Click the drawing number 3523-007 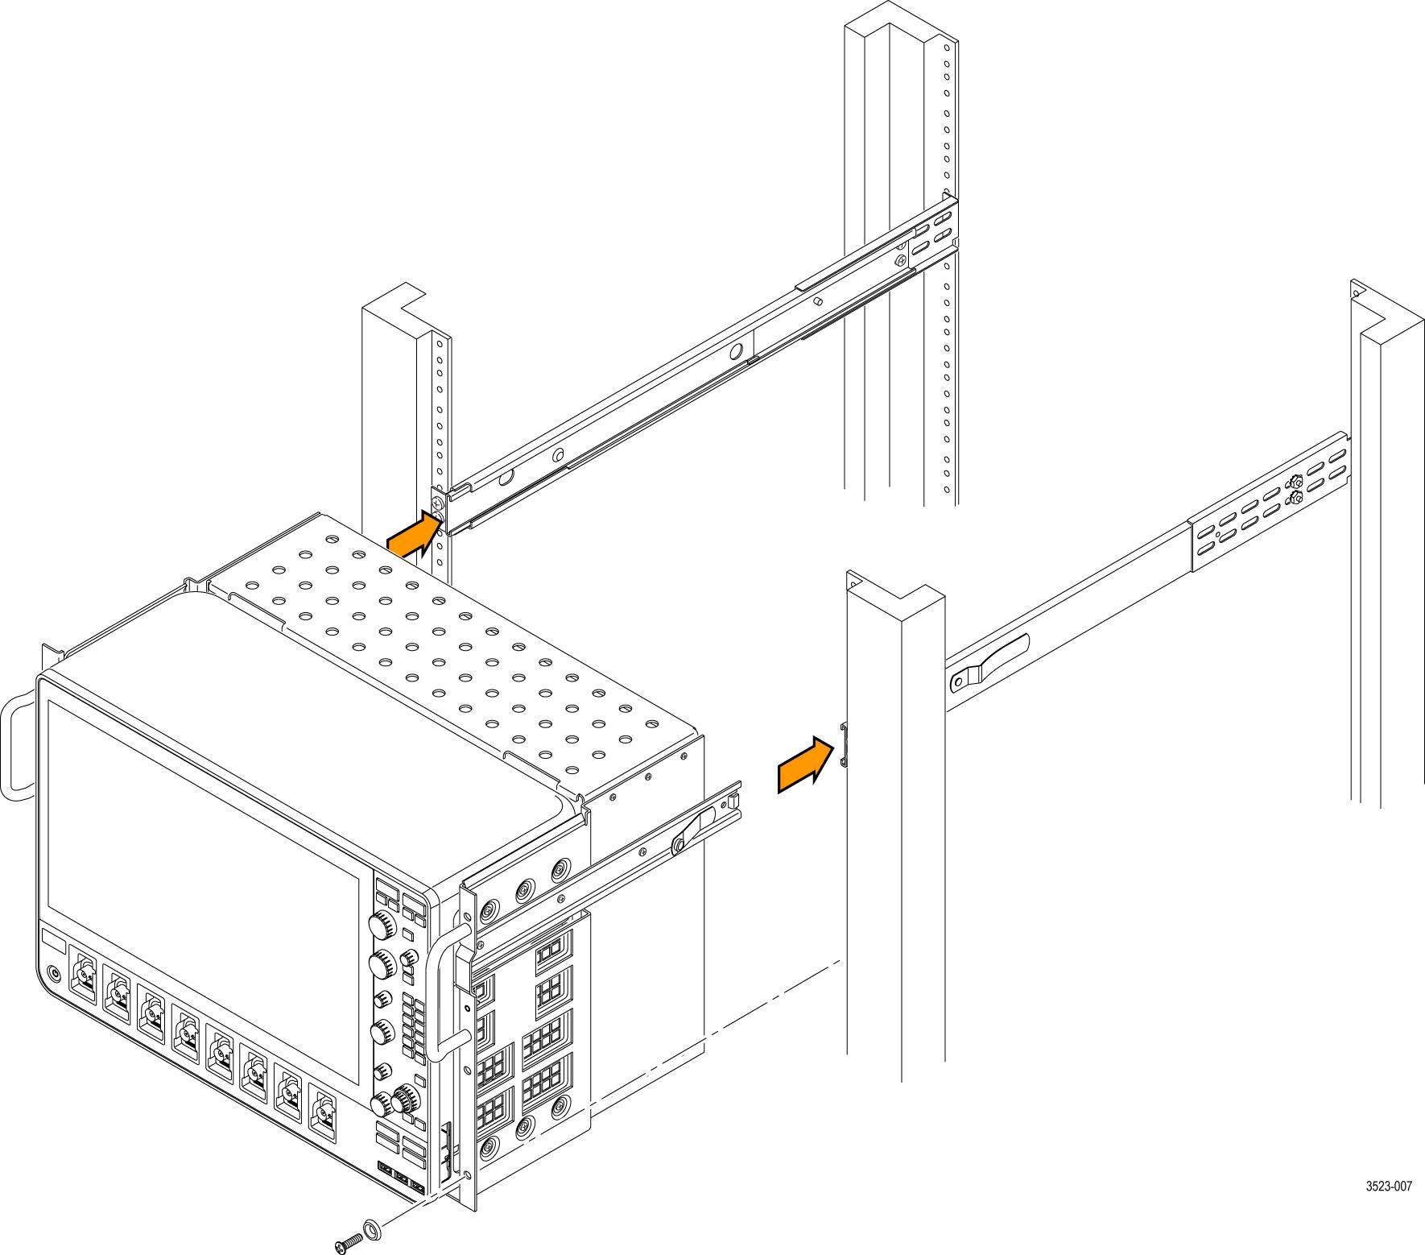pos(1389,1186)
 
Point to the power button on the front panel pos(54,972)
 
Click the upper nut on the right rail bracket pos(1295,483)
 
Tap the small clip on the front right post pos(844,745)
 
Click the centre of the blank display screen pos(203,813)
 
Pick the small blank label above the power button pos(52,940)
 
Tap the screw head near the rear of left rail pos(899,260)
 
